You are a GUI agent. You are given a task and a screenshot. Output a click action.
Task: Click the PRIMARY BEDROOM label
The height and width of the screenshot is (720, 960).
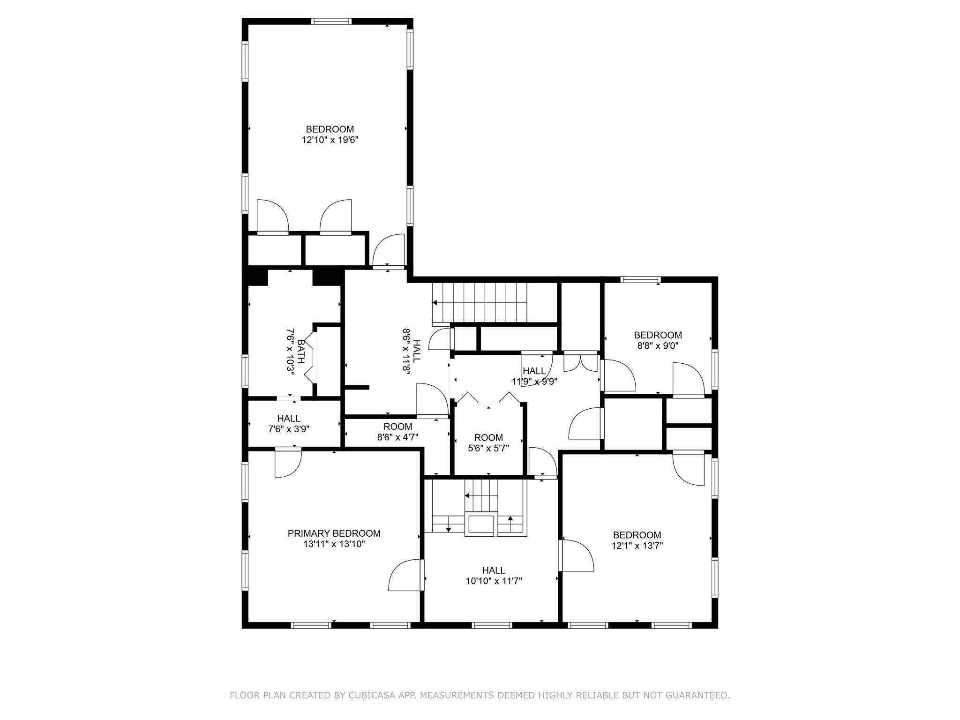[334, 533]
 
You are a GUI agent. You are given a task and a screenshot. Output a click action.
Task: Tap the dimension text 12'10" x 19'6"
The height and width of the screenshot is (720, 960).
[330, 140]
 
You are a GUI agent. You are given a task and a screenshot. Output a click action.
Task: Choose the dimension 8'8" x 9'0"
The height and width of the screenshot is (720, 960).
[658, 346]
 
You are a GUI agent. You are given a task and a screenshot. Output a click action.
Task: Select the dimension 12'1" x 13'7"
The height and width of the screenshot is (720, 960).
[637, 546]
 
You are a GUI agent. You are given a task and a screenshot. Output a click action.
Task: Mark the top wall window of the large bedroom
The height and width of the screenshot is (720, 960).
[331, 21]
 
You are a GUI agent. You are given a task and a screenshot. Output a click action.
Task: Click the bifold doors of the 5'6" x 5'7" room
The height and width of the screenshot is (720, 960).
[488, 397]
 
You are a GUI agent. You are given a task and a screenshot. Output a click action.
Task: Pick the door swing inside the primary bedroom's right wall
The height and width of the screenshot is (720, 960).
[405, 575]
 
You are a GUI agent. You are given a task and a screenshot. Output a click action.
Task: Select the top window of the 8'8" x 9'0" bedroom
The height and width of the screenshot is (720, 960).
[640, 280]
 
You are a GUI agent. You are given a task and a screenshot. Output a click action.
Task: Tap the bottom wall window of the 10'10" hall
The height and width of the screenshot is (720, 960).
[491, 625]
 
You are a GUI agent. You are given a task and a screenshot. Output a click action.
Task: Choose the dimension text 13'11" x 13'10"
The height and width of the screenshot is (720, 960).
[334, 544]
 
